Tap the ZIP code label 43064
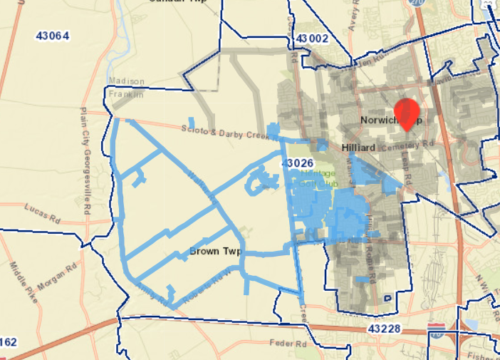(52, 35)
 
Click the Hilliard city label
(358, 147)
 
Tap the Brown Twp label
(217, 252)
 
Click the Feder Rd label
(288, 343)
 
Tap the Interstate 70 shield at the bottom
(437, 329)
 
